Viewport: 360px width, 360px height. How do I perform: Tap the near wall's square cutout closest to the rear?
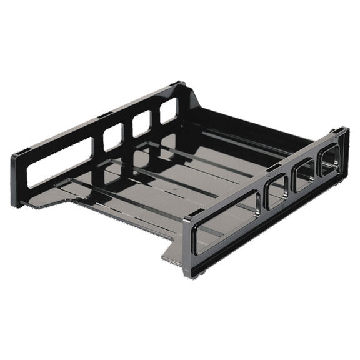(329, 163)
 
